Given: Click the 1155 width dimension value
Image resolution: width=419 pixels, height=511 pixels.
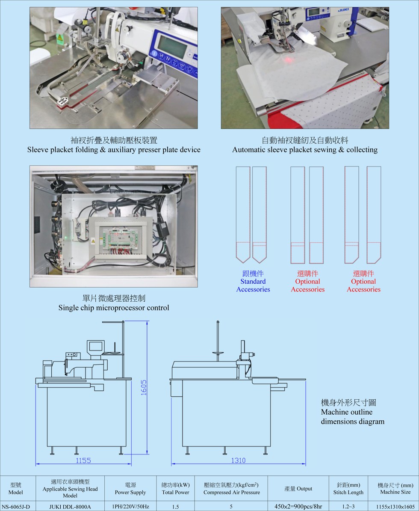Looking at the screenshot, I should coord(83,460).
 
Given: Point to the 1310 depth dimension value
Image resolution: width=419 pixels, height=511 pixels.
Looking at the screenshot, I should coord(238,460).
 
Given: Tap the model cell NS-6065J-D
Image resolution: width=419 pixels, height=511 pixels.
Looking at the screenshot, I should coord(16,507).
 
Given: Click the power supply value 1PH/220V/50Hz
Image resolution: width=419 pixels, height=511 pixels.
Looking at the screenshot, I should coord(130,507).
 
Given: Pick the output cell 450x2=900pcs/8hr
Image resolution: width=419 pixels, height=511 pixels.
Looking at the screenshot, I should coord(298,507).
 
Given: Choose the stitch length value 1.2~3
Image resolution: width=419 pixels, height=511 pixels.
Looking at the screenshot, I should coord(348,507).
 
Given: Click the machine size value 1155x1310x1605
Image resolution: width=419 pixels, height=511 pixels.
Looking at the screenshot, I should coord(395,507).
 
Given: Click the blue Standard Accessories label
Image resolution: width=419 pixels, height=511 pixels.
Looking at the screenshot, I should coord(253,285).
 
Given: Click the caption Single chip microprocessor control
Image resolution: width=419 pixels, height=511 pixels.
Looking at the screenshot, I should coord(114,307).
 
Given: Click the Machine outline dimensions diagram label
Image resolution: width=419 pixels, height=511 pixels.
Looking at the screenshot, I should coord(352,412).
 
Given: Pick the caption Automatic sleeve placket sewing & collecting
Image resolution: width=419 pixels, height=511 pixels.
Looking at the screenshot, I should coord(305,149).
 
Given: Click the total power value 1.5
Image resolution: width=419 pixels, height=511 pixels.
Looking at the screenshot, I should coord(175,507).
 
